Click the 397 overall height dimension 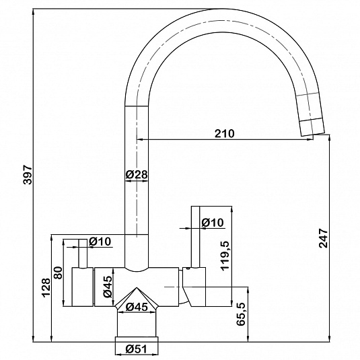28,174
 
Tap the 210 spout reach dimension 225,133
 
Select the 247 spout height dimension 323,238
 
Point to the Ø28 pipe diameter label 137,175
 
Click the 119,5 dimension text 225,256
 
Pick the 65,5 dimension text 241,314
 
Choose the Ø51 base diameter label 137,349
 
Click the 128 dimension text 46,288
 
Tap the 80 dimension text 58,273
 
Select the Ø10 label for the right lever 213,222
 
